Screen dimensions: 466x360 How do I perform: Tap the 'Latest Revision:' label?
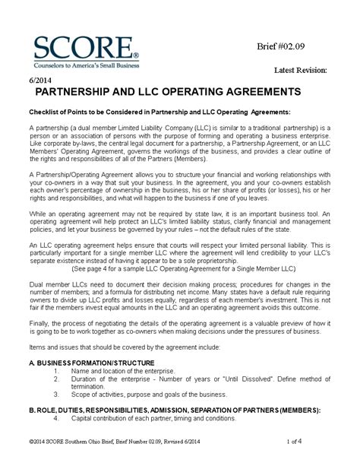pos(301,70)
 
